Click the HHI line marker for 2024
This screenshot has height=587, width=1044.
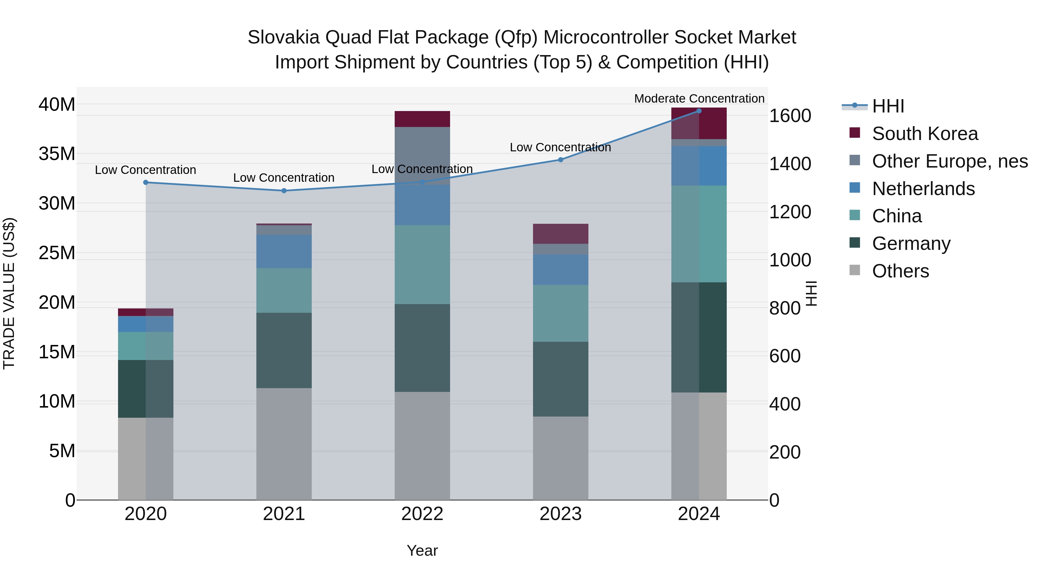(699, 111)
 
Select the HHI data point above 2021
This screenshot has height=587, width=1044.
(284, 191)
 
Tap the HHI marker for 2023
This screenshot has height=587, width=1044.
(561, 160)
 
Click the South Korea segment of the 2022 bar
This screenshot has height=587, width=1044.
(422, 119)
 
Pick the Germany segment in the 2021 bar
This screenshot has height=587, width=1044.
(284, 350)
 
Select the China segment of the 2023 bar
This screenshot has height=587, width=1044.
(561, 313)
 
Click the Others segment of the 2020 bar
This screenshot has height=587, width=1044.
(146, 459)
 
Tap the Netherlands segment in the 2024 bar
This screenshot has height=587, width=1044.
(699, 166)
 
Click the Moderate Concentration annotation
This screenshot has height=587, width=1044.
(699, 99)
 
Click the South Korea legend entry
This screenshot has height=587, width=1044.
(925, 134)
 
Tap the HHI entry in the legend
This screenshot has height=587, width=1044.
(888, 106)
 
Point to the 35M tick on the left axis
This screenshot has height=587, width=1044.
(57, 154)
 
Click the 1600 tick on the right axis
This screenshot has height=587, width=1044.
(790, 116)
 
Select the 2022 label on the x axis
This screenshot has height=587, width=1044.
(422, 514)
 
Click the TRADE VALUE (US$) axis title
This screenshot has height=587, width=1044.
(9, 293)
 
